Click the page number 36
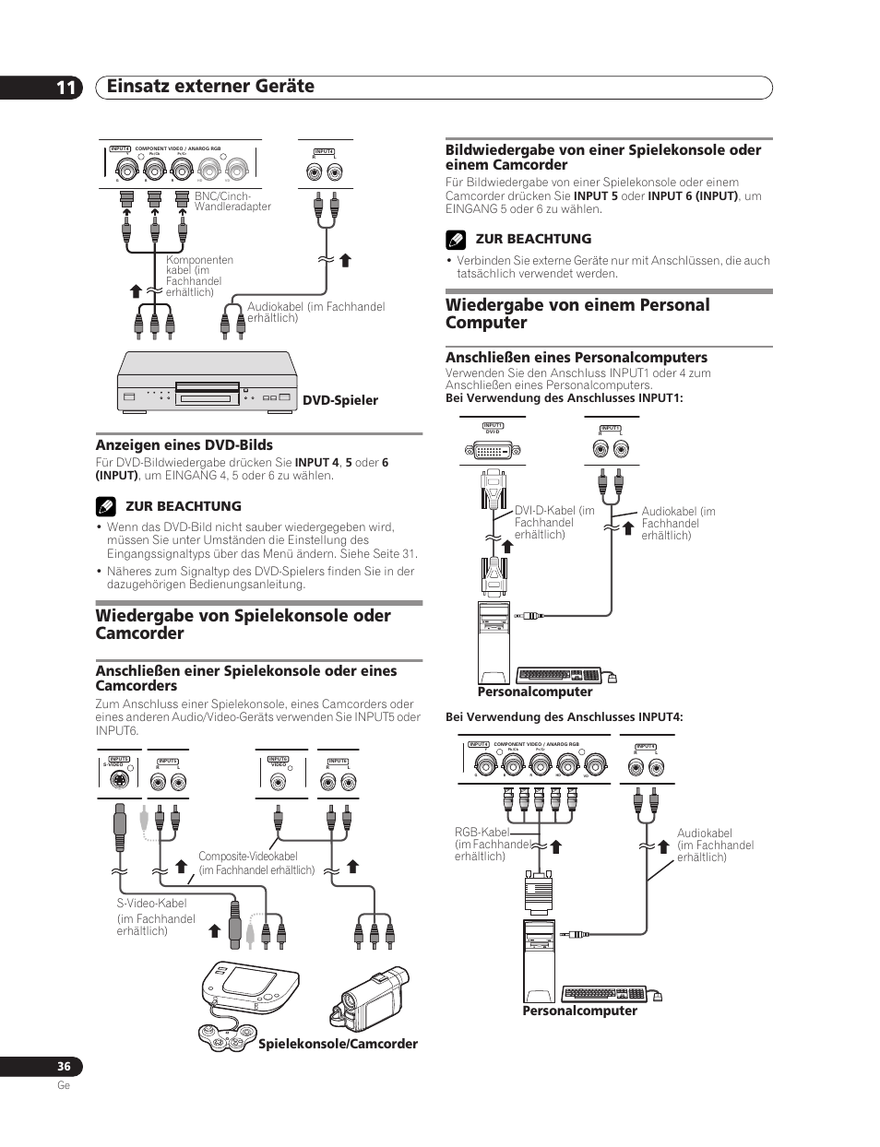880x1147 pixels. pyautogui.click(x=63, y=1067)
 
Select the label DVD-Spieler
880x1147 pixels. pyautogui.click(x=340, y=400)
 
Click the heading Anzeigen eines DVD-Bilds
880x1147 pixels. pyautogui.click(x=184, y=444)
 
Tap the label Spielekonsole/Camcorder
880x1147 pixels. pyautogui.click(x=338, y=1044)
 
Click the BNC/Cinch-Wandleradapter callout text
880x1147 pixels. pyautogui.click(x=232, y=201)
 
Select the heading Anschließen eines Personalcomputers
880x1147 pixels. pyautogui.click(x=576, y=357)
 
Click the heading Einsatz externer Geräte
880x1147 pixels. pyautogui.click(x=210, y=87)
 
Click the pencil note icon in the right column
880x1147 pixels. pyautogui.click(x=454, y=240)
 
